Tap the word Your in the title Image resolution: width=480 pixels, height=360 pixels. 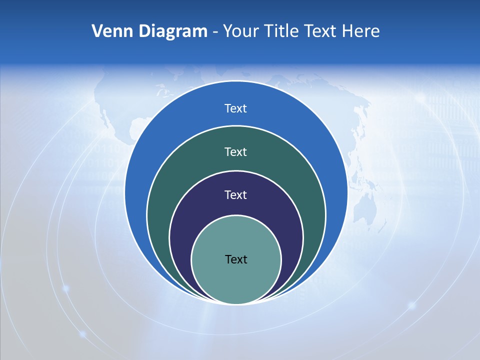239,31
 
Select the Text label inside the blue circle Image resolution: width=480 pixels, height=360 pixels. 235,108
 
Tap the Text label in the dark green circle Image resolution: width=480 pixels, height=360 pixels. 235,151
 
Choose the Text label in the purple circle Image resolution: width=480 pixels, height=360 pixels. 235,195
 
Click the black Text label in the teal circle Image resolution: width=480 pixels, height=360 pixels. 236,259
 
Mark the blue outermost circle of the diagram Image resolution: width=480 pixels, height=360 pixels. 150,150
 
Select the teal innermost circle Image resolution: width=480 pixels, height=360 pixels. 236,280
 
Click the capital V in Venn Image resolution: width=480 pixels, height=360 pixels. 97,31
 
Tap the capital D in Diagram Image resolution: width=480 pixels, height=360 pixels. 144,31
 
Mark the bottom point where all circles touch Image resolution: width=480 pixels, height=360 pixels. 236,303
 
